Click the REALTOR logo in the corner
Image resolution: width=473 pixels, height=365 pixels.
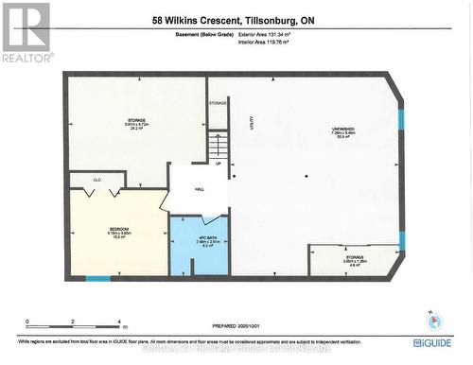pos(26,32)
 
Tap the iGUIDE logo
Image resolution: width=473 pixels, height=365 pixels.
pos(431,341)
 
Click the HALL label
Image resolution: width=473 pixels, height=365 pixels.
pos(200,189)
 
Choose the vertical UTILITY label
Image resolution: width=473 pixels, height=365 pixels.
pos(252,135)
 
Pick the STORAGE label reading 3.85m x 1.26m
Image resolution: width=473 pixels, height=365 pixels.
pos(355,256)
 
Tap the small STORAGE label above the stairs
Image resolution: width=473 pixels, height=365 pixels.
pos(218,103)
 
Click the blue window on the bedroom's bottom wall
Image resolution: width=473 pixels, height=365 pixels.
pos(97,278)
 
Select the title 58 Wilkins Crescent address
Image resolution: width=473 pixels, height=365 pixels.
pos(236,19)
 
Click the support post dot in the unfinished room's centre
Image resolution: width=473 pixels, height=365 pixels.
pos(306,176)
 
